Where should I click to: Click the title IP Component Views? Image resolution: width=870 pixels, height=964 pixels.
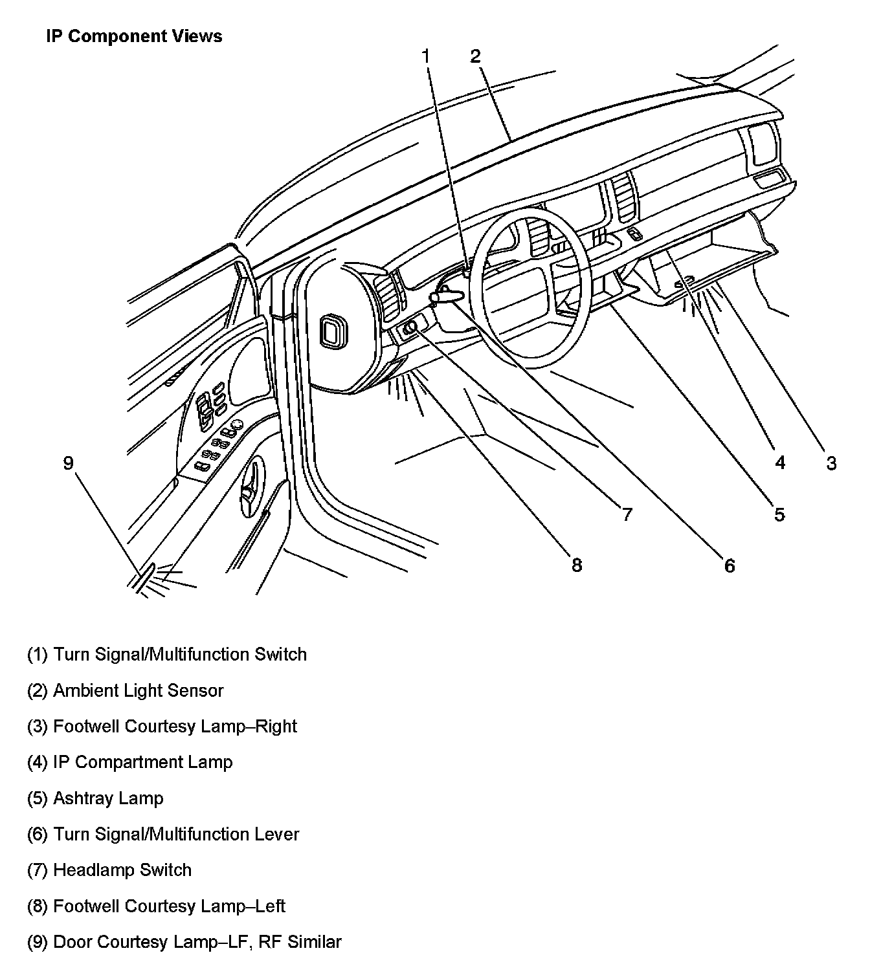pyautogui.click(x=134, y=36)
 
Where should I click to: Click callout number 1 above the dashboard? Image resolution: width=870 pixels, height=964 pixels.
pyautogui.click(x=426, y=57)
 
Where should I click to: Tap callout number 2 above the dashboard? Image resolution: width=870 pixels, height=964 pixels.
pyautogui.click(x=476, y=56)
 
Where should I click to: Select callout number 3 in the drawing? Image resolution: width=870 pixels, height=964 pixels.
pyautogui.click(x=831, y=463)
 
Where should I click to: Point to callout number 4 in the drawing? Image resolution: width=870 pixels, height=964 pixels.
pyautogui.click(x=780, y=463)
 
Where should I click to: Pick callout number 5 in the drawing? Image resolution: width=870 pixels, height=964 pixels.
pyautogui.click(x=779, y=514)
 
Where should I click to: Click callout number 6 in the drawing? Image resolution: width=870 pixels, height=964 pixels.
pyautogui.click(x=730, y=566)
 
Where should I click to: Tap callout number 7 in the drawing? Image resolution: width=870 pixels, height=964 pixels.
pyautogui.click(x=627, y=514)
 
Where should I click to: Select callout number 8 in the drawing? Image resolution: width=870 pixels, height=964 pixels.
pyautogui.click(x=576, y=565)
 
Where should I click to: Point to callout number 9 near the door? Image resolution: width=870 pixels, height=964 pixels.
pyautogui.click(x=69, y=463)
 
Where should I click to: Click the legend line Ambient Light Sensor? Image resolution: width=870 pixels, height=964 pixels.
pyautogui.click(x=126, y=690)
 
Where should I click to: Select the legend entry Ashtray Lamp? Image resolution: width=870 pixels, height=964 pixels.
pyautogui.click(x=95, y=798)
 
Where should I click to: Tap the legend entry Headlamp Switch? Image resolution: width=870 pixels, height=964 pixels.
pyautogui.click(x=109, y=870)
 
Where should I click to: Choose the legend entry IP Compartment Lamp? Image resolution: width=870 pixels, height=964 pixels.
pyautogui.click(x=129, y=762)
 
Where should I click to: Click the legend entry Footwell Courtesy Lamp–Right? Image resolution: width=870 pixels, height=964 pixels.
pyautogui.click(x=162, y=726)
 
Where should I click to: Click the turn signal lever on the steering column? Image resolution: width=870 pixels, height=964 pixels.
pyautogui.click(x=447, y=296)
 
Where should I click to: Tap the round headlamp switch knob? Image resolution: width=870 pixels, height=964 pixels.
pyautogui.click(x=410, y=329)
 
